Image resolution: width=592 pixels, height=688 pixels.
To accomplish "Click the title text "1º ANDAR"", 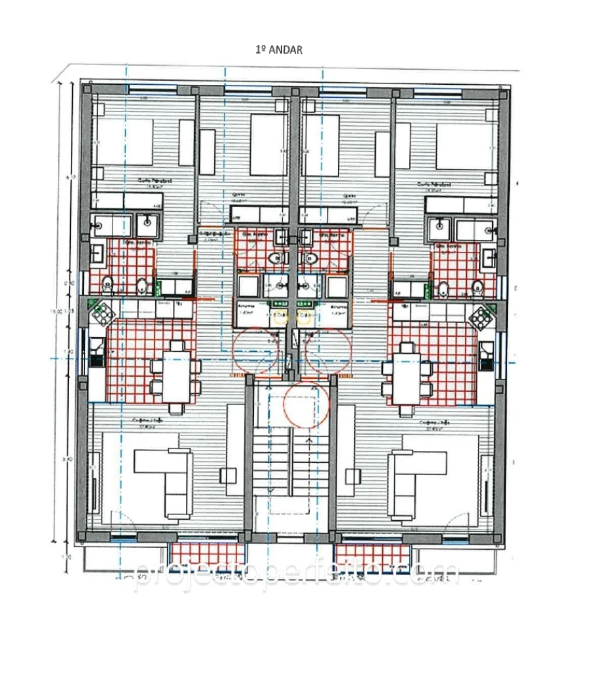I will pos(278,50).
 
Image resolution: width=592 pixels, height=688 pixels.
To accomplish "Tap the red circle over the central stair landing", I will pos(305,406).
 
